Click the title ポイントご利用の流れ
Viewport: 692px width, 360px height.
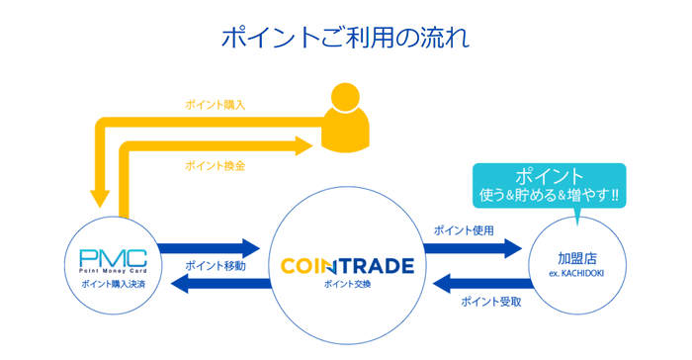(x=345, y=38)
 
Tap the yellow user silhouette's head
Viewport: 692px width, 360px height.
(x=346, y=97)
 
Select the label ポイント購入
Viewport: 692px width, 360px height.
(x=215, y=105)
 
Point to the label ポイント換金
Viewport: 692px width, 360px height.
(x=215, y=166)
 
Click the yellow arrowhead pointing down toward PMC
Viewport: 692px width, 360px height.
(x=100, y=199)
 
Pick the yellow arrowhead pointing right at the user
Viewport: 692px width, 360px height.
(x=304, y=145)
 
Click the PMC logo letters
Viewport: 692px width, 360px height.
(x=113, y=258)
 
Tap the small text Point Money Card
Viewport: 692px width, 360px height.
(x=113, y=271)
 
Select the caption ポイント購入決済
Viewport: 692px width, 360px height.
(x=114, y=284)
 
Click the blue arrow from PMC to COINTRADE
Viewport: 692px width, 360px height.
(x=209, y=248)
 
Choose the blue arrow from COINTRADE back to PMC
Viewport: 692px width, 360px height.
(x=220, y=284)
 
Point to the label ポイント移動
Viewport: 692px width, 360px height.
(x=216, y=266)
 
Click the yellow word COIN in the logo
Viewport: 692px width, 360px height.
(x=305, y=266)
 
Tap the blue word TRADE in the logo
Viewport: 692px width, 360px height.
(x=376, y=266)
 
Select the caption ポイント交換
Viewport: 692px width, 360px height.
(x=347, y=284)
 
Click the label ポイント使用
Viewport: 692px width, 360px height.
(x=464, y=230)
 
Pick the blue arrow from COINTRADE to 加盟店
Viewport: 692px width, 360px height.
(x=473, y=248)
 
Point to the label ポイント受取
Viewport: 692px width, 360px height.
(x=491, y=302)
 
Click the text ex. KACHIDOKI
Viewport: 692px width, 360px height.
(x=576, y=273)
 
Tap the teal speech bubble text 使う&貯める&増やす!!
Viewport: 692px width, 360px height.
(x=549, y=195)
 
